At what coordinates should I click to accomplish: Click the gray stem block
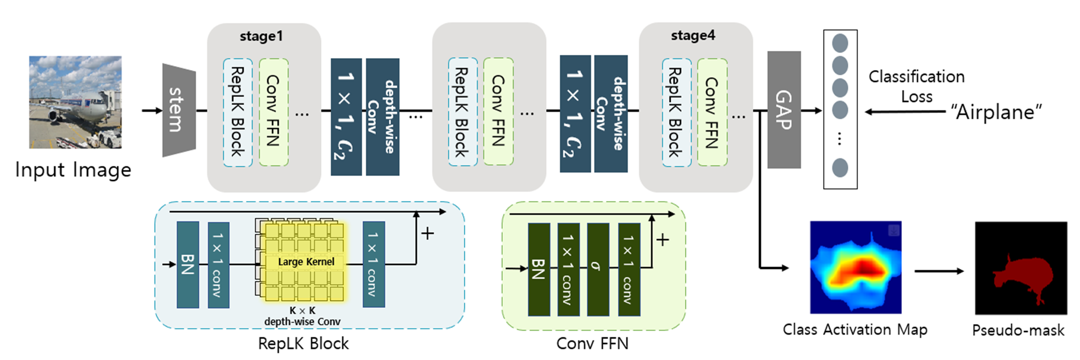pos(179,110)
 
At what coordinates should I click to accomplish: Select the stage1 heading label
pos(261,36)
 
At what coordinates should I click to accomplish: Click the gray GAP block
pos(784,110)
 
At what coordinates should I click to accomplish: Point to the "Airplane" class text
pos(996,112)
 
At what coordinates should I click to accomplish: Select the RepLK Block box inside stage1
pos(238,112)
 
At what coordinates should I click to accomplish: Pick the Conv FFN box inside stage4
pos(712,112)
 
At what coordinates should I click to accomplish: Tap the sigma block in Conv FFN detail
pos(598,269)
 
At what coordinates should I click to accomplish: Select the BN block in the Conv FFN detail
pos(538,269)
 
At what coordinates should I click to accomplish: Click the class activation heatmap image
pos(855,267)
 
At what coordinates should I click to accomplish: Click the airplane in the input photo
pos(80,107)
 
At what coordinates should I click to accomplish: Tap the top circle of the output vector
pos(840,43)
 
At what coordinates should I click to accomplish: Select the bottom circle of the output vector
pos(840,168)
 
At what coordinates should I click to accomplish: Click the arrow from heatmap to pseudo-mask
pos(939,271)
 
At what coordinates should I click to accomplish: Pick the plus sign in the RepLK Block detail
pos(427,233)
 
